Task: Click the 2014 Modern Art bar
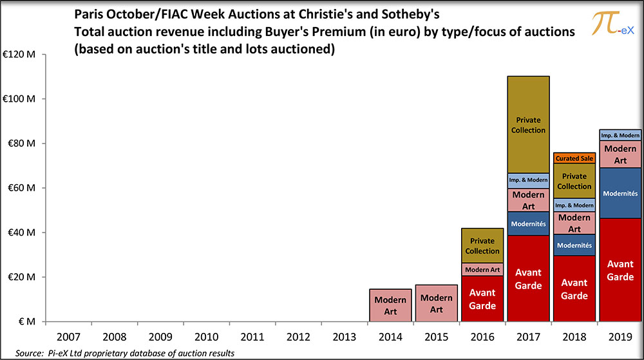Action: pyautogui.click(x=390, y=305)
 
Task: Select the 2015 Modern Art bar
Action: pyautogui.click(x=436, y=303)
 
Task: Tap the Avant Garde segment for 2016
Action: pyautogui.click(x=482, y=299)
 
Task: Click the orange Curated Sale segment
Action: pyautogui.click(x=574, y=158)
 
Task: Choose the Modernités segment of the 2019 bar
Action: pyautogui.click(x=620, y=193)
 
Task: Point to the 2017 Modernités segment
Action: pyautogui.click(x=528, y=223)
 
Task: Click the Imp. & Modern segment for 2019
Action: pyautogui.click(x=620, y=135)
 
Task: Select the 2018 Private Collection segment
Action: pyautogui.click(x=574, y=180)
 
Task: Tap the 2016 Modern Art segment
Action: pyautogui.click(x=482, y=269)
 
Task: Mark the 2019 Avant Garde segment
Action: pyautogui.click(x=620, y=270)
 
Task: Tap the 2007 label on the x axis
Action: pyautogui.click(x=68, y=337)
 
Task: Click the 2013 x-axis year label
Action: pyautogui.click(x=345, y=337)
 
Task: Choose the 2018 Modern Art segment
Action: pyautogui.click(x=574, y=223)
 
